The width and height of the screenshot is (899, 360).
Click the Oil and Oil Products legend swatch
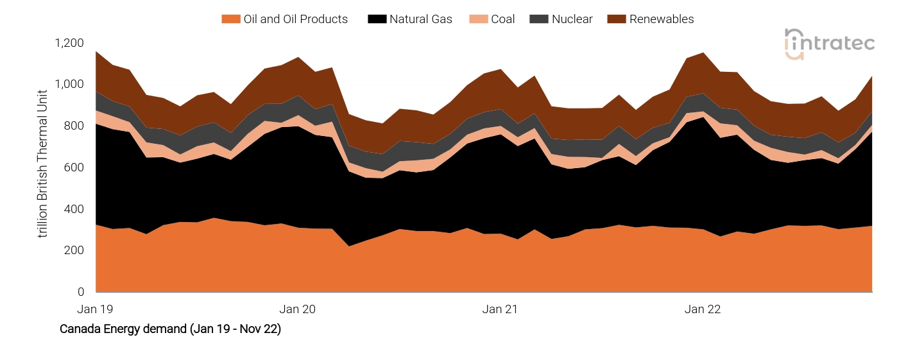230,19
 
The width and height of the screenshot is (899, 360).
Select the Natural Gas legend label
420,19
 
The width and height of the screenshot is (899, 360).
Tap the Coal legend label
502,19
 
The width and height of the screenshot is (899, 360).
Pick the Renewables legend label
662,19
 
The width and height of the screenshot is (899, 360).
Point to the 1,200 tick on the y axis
69,43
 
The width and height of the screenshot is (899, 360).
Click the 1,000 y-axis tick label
69,85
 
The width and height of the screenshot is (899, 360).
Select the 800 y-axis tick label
74,126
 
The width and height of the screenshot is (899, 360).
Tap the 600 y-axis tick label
74,167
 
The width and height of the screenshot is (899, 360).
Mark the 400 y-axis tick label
74,209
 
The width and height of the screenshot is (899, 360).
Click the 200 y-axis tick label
74,250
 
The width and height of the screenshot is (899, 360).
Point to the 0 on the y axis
81,292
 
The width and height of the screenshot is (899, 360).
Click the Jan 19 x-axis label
95,309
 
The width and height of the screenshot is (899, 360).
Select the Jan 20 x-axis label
298,309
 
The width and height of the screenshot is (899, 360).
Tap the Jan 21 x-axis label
500,309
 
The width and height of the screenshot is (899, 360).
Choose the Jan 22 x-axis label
703,309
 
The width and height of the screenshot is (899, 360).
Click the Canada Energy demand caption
170,329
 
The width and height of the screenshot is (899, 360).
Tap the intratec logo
829,44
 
